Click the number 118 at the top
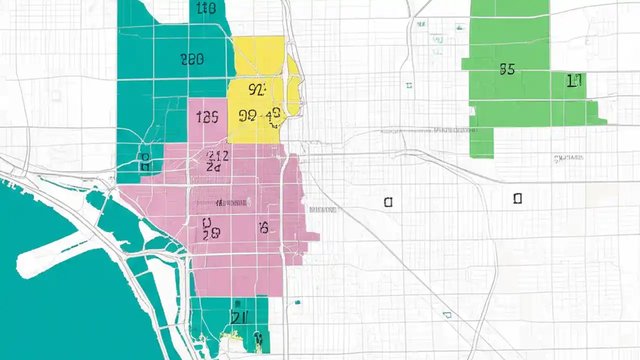tap(206, 7)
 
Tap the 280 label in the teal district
tap(192, 60)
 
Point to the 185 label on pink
tap(207, 117)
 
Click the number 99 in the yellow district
tap(247, 116)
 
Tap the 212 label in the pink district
tap(217, 156)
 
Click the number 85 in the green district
tap(507, 69)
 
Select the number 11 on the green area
tap(574, 80)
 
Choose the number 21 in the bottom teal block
tap(238, 316)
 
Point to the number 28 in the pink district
tap(211, 233)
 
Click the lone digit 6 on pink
tap(263, 228)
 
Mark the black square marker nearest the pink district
tap(388, 202)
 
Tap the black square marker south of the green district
tap(517, 198)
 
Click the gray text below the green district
tap(568, 158)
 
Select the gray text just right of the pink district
tap(323, 210)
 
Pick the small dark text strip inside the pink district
tap(231, 203)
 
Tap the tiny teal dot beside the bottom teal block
tap(297, 302)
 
